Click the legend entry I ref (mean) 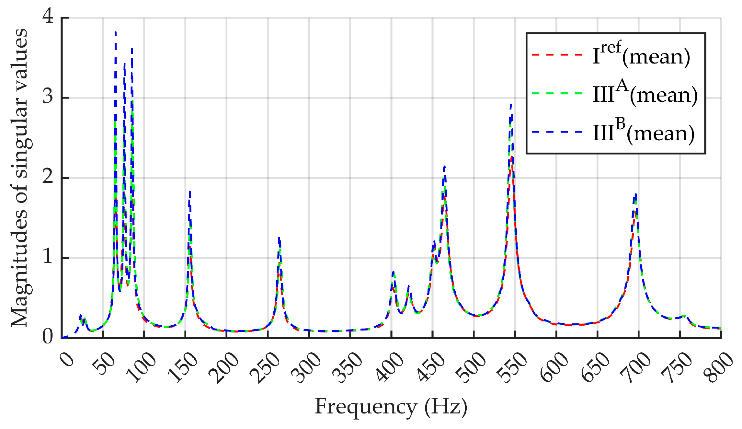(x=641, y=55)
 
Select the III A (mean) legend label (x=645, y=94)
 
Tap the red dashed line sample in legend (x=557, y=55)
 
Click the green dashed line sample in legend (x=557, y=93)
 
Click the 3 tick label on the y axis (x=48, y=96)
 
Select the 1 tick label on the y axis (x=48, y=256)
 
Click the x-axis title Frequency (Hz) (x=391, y=406)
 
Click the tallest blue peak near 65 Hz (x=115, y=32)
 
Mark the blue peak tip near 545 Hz (x=511, y=105)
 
